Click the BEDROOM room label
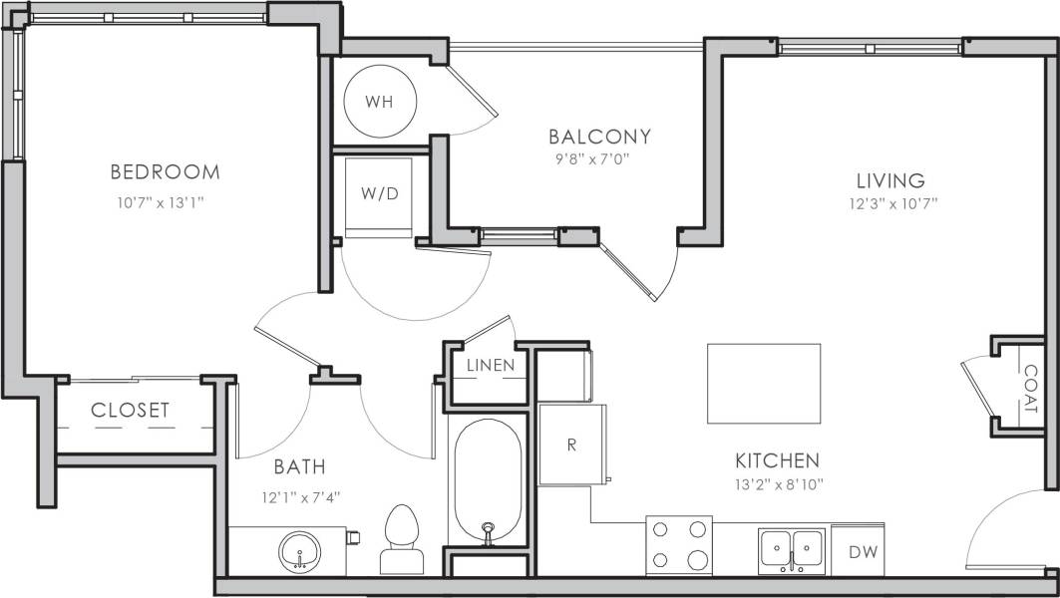pyautogui.click(x=165, y=172)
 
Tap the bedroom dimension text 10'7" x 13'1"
pyautogui.click(x=165, y=202)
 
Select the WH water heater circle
pyautogui.click(x=378, y=102)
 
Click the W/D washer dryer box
pyautogui.click(x=378, y=194)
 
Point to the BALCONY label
pyautogui.click(x=599, y=136)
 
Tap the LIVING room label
pyautogui.click(x=890, y=180)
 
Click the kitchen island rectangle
pyautogui.click(x=764, y=383)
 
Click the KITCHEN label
pyautogui.click(x=777, y=460)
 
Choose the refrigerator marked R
pyautogui.click(x=572, y=445)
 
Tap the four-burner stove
pyautogui.click(x=679, y=544)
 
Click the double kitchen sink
pyautogui.click(x=792, y=549)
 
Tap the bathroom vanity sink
pyautogui.click(x=298, y=550)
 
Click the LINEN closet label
pyautogui.click(x=491, y=365)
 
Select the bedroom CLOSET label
pyautogui.click(x=130, y=410)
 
